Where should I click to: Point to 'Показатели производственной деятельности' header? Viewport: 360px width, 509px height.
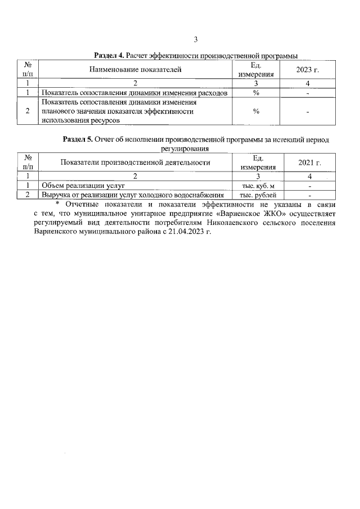pyautogui.click(x=135, y=163)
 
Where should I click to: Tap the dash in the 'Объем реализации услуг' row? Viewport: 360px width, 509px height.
pyautogui.click(x=309, y=185)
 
